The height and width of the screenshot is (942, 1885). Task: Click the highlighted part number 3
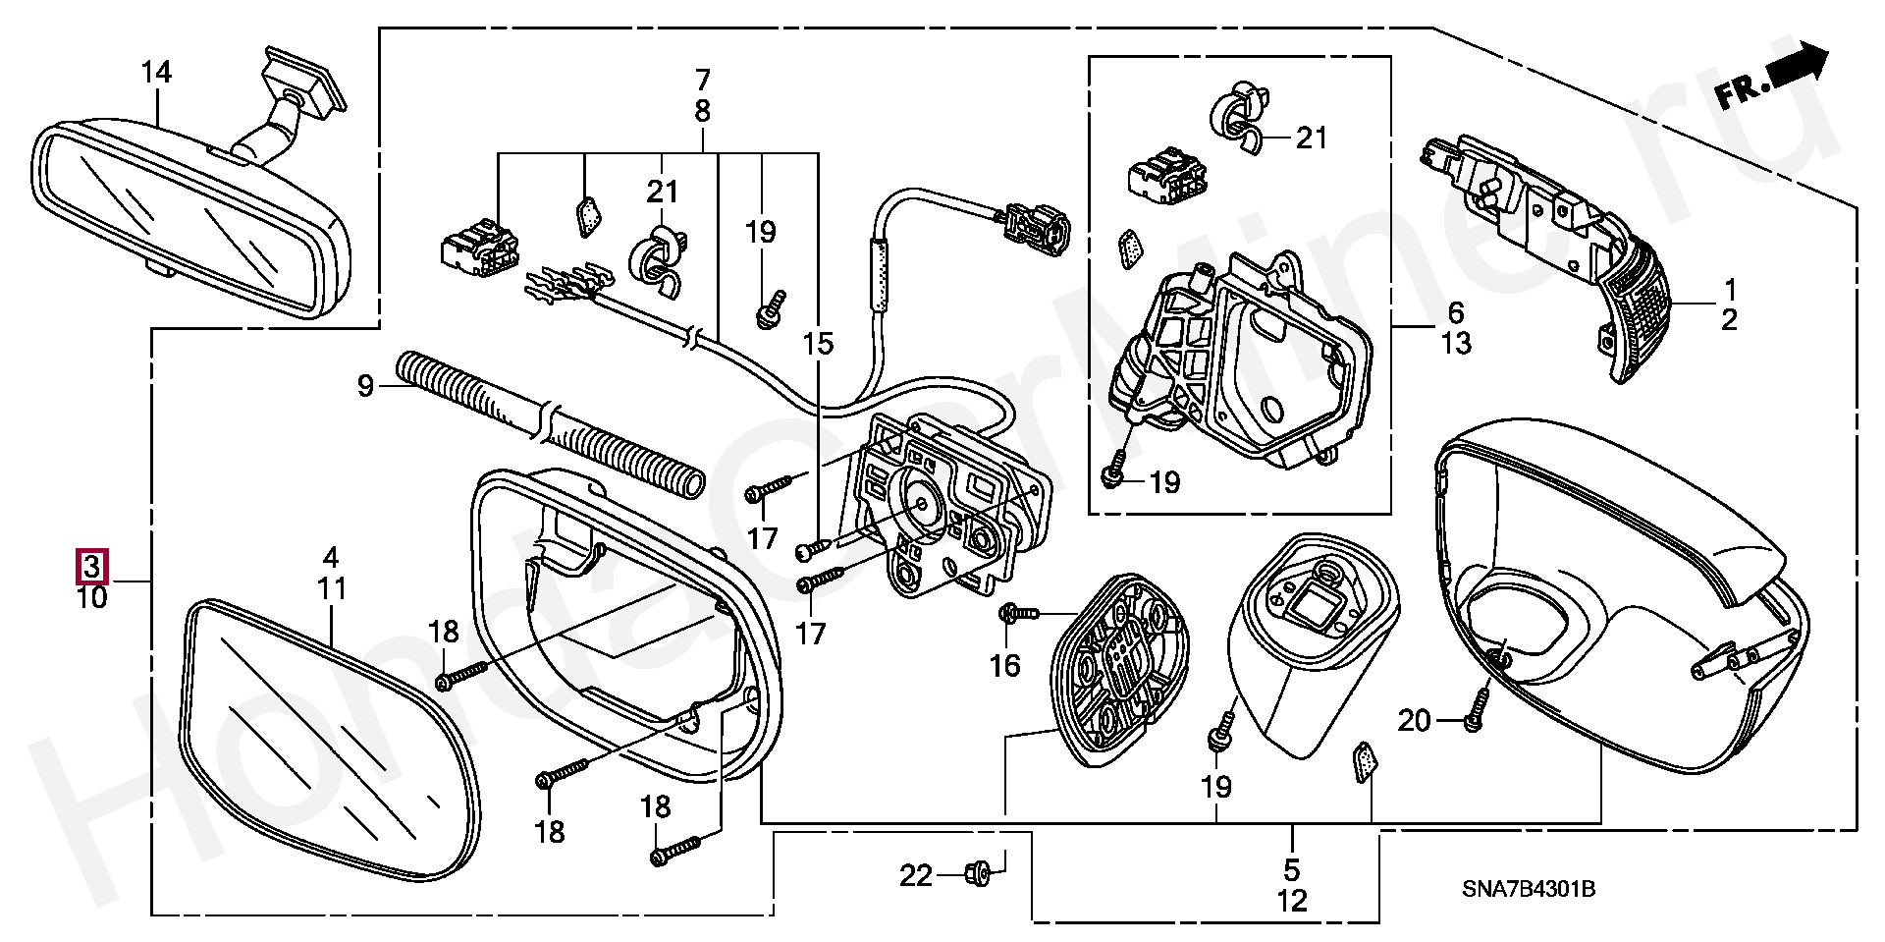[x=91, y=567]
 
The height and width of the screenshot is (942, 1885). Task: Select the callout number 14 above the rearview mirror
[x=156, y=73]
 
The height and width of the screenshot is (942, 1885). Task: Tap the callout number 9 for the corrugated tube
[x=365, y=386]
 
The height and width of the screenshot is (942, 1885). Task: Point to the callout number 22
[x=916, y=874]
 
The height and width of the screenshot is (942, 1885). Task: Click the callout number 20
[x=1414, y=721]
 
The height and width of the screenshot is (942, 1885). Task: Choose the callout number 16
[x=1004, y=666]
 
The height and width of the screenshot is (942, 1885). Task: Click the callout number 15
[x=817, y=344]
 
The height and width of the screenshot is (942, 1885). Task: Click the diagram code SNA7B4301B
[x=1529, y=889]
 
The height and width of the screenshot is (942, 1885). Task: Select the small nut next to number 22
[x=978, y=871]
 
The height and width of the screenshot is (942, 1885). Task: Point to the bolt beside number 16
[x=1017, y=614]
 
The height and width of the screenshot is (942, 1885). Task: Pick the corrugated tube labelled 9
[x=550, y=423]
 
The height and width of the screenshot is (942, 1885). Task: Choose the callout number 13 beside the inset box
[x=1457, y=344]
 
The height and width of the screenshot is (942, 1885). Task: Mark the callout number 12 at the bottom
[x=1292, y=900]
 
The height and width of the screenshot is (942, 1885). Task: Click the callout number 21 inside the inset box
[x=1312, y=139]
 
